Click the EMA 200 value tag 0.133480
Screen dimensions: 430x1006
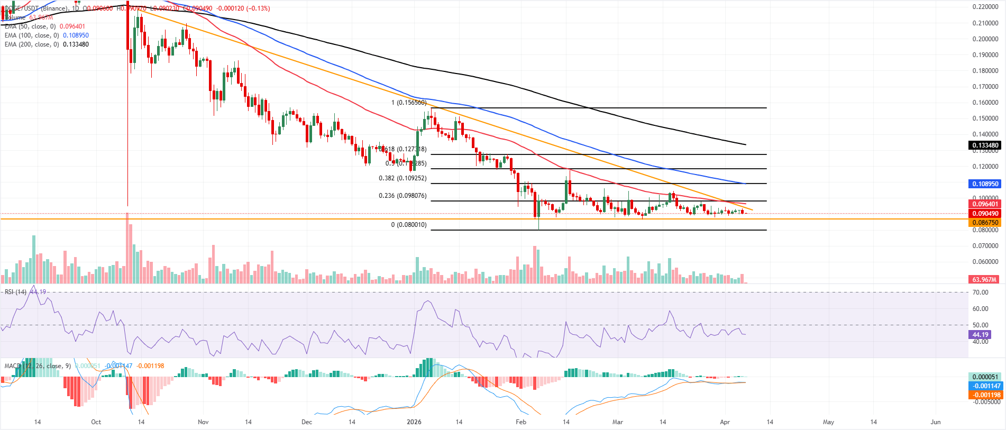pyautogui.click(x=985, y=145)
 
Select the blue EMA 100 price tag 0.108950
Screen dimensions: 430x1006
pyautogui.click(x=985, y=184)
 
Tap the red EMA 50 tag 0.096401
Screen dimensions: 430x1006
pyautogui.click(x=985, y=204)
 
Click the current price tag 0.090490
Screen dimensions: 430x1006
pyautogui.click(x=985, y=214)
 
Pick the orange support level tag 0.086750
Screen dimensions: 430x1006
pyautogui.click(x=985, y=223)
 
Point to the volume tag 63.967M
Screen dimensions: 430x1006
pyautogui.click(x=984, y=279)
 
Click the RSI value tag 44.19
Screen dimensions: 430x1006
pyautogui.click(x=980, y=335)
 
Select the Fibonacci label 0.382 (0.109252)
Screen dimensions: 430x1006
pyautogui.click(x=403, y=178)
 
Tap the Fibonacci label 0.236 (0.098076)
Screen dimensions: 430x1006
pyautogui.click(x=403, y=196)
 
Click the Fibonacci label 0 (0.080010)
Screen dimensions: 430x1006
pyautogui.click(x=408, y=225)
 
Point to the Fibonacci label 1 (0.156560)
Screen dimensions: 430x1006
pyautogui.click(x=408, y=103)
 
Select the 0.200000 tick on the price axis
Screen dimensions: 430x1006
pyautogui.click(x=985, y=39)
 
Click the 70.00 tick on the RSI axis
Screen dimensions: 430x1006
pyautogui.click(x=980, y=292)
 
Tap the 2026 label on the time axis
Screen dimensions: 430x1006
pyautogui.click(x=414, y=422)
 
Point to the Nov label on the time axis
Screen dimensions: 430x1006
pyautogui.click(x=203, y=422)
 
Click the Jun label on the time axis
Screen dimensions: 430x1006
pyautogui.click(x=936, y=422)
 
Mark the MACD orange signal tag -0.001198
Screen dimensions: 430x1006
pyautogui.click(x=985, y=395)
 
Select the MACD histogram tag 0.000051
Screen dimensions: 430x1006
pyautogui.click(x=985, y=377)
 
